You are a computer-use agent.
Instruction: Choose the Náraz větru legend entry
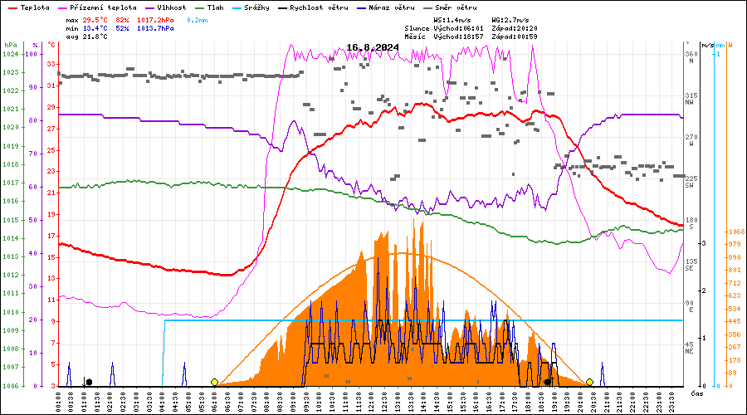(391, 7)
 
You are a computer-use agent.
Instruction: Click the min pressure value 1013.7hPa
(156, 28)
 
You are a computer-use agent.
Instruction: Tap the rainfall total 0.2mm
(198, 19)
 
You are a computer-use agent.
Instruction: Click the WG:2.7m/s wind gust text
(510, 19)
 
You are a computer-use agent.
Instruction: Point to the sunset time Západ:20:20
(515, 28)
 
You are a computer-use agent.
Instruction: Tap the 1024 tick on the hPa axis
(10, 54)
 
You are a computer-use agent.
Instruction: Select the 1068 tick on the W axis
(734, 232)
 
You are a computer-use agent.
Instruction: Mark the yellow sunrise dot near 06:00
(214, 382)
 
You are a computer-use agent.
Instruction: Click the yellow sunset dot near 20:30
(589, 382)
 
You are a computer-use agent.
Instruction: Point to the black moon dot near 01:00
(89, 382)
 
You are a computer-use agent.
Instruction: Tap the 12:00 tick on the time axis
(359, 399)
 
